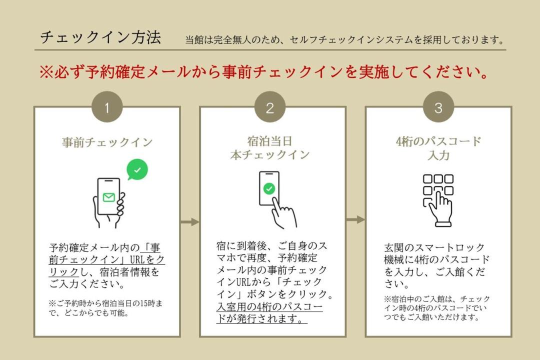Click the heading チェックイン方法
[100, 37]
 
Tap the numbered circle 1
[107, 107]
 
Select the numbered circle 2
[269, 107]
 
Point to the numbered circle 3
[438, 107]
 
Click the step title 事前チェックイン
[107, 142]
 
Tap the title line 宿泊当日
[269, 141]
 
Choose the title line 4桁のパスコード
[438, 141]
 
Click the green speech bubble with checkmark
[137, 169]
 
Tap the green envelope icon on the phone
[109, 197]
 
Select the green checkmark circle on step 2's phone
[269, 188]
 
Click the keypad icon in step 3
[438, 200]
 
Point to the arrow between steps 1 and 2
[190, 222]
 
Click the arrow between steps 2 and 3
[355, 219]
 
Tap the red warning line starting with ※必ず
[264, 72]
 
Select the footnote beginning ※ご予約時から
[105, 308]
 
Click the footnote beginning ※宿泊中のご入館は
[436, 308]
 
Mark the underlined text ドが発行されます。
[261, 318]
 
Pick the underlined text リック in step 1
[64, 272]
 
